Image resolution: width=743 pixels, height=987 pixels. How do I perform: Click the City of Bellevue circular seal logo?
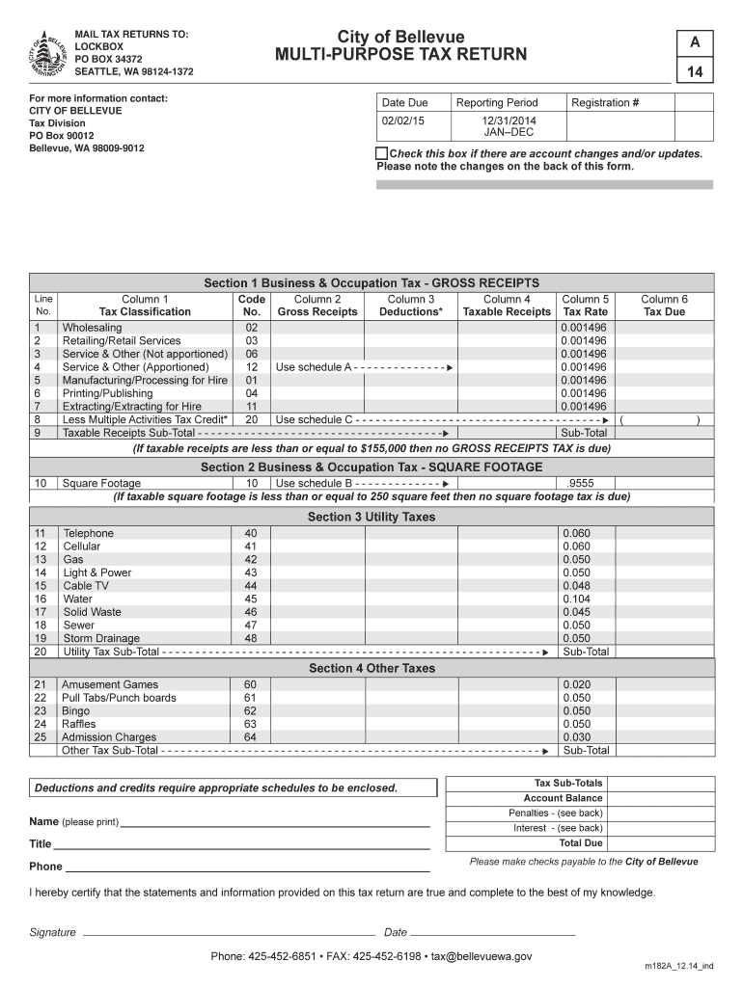coord(48,53)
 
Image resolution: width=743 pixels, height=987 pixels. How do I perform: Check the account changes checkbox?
coord(382,154)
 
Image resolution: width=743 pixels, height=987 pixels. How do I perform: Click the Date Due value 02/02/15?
coord(403,120)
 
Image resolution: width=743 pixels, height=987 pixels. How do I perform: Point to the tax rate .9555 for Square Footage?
coord(583,483)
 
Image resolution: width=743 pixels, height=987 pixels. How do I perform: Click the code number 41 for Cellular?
coord(251,547)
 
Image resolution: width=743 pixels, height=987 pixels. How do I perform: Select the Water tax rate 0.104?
coord(576,599)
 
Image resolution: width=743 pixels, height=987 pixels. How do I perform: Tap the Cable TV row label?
coord(86,586)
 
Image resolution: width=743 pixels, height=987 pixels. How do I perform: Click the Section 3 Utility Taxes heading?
coord(371,518)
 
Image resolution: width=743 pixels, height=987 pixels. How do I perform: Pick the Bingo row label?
coord(76,711)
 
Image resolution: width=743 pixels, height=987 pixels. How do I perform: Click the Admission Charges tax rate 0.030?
coord(576,737)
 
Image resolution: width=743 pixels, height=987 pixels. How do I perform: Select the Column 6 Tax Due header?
coord(664,306)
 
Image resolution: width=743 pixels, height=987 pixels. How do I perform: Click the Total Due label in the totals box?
coord(580,843)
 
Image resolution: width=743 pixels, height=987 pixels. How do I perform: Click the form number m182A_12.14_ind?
coord(679,965)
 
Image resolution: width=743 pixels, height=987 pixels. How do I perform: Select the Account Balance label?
coord(563,798)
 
